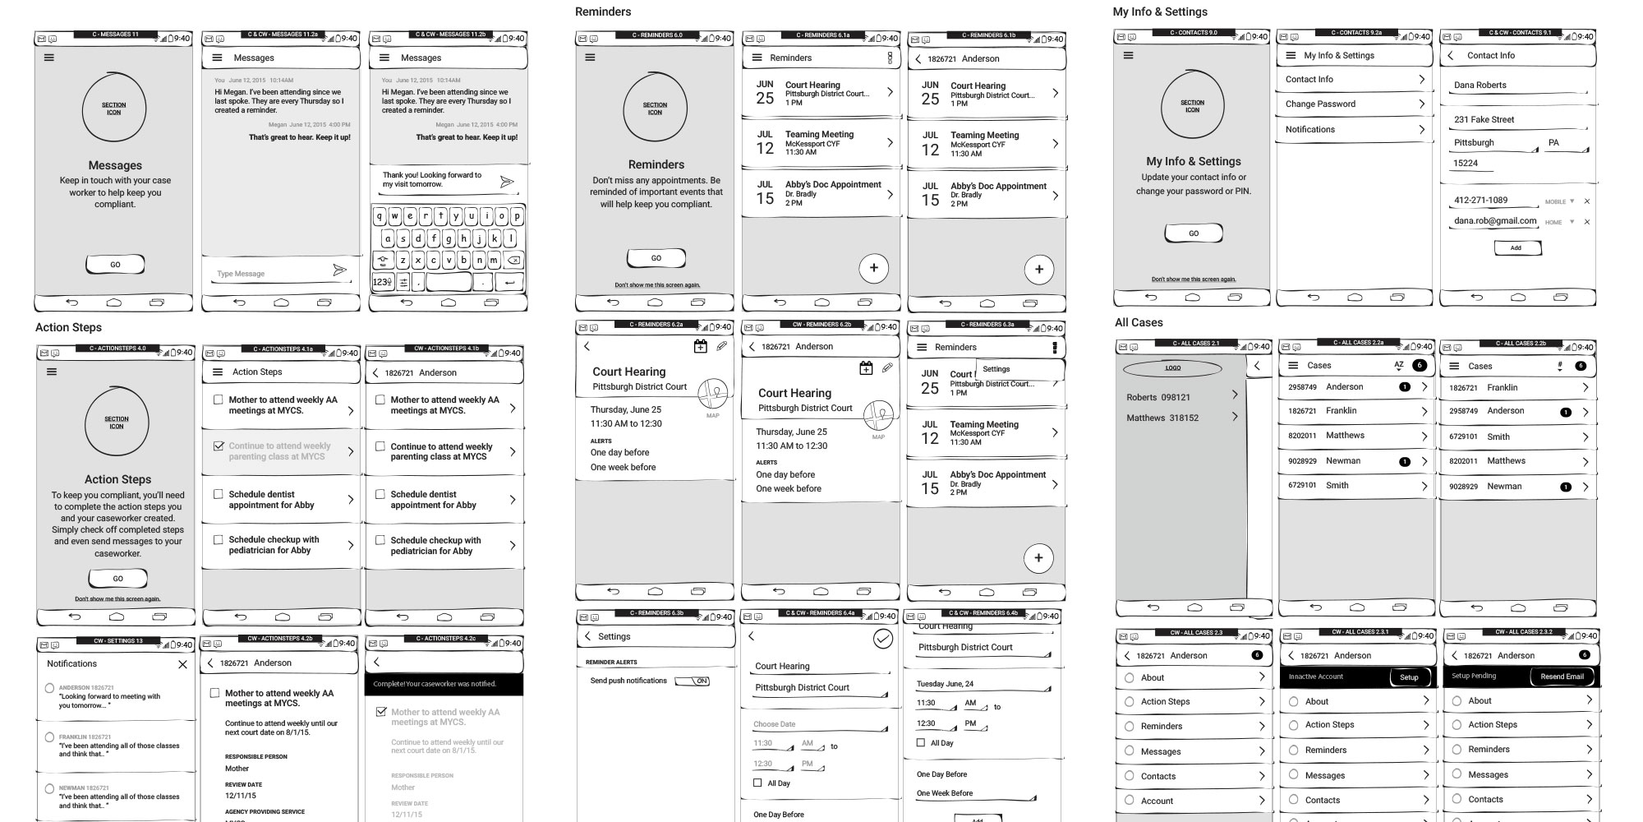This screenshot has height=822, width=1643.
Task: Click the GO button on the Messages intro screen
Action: pyautogui.click(x=115, y=265)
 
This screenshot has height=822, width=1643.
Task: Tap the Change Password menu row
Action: pyautogui.click(x=1354, y=104)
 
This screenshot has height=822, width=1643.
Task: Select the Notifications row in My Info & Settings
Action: pyautogui.click(x=1354, y=130)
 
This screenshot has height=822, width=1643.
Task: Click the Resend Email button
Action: pyautogui.click(x=1562, y=677)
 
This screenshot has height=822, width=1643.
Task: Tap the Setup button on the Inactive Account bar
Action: pyautogui.click(x=1409, y=677)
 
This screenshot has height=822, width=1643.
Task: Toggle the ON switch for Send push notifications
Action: pyautogui.click(x=693, y=681)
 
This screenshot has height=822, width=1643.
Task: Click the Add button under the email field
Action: pyautogui.click(x=1516, y=247)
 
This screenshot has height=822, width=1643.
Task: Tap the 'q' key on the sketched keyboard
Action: pyautogui.click(x=380, y=217)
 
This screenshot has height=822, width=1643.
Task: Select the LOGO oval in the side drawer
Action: pyautogui.click(x=1172, y=368)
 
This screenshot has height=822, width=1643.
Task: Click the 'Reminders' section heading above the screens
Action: pyautogui.click(x=603, y=12)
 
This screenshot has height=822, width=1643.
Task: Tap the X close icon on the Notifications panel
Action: pyautogui.click(x=182, y=664)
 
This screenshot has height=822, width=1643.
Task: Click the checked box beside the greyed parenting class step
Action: pyautogui.click(x=219, y=446)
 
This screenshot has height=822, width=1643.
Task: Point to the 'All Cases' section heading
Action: pyautogui.click(x=1139, y=322)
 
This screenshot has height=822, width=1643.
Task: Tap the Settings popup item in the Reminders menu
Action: pyautogui.click(x=996, y=369)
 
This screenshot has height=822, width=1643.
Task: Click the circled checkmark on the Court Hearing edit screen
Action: pyautogui.click(x=883, y=639)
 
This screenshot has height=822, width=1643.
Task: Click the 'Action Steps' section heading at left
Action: pyautogui.click(x=68, y=327)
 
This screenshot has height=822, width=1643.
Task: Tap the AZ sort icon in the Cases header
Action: pyautogui.click(x=1398, y=365)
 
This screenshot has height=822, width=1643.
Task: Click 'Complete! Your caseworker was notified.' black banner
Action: pyautogui.click(x=444, y=684)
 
